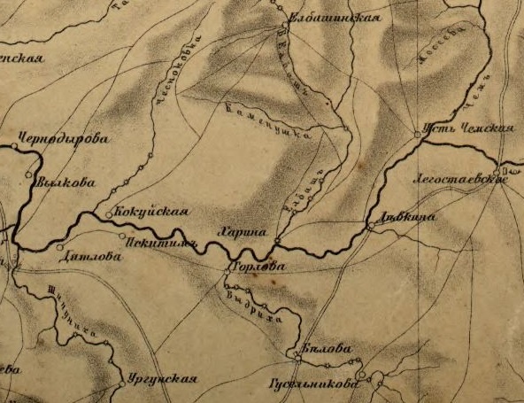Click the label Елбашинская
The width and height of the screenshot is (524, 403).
[x=341, y=17]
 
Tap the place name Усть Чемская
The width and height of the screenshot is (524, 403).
[x=470, y=128]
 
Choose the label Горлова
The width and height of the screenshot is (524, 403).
[x=258, y=265]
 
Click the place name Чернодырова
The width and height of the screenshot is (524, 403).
[x=63, y=138]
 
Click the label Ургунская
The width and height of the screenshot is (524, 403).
[x=160, y=378]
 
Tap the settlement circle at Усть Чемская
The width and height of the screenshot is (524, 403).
[x=417, y=134]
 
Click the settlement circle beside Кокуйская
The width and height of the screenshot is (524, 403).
[x=109, y=213]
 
